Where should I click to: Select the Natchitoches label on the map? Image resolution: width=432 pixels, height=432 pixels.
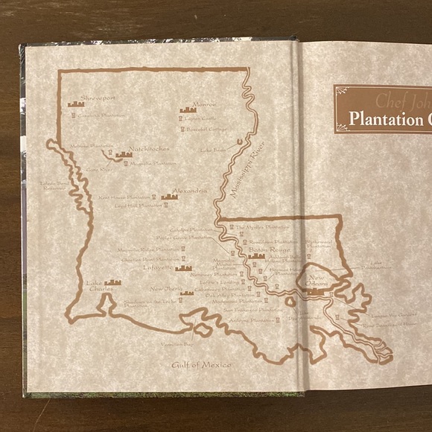click(149, 148)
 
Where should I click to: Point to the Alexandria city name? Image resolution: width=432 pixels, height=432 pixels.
click(189, 191)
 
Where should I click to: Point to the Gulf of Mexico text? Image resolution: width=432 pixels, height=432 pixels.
click(201, 364)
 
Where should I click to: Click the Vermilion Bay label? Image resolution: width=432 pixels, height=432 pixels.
click(177, 345)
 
